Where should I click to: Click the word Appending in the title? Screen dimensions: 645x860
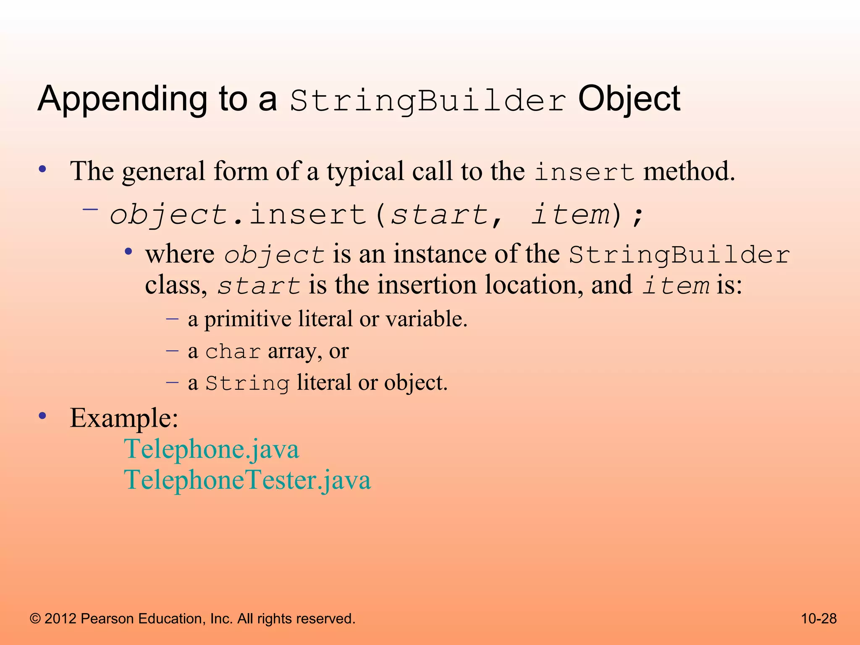(122, 100)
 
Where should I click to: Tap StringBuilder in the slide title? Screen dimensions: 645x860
(427, 101)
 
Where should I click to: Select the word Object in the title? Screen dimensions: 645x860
(629, 99)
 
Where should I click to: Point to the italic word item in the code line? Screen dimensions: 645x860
(570, 215)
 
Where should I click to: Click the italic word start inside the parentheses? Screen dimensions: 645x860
(439, 215)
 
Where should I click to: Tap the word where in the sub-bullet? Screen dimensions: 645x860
(180, 254)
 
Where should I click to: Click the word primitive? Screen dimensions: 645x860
(248, 319)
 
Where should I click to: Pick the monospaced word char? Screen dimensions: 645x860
(233, 351)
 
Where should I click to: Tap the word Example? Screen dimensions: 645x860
(124, 418)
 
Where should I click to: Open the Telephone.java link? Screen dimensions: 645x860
(212, 449)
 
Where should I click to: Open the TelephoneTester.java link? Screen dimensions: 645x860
(247, 480)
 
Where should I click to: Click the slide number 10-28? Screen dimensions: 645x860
(818, 619)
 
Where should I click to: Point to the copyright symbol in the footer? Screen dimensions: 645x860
(35, 619)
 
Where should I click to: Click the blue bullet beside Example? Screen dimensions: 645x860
(42, 416)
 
